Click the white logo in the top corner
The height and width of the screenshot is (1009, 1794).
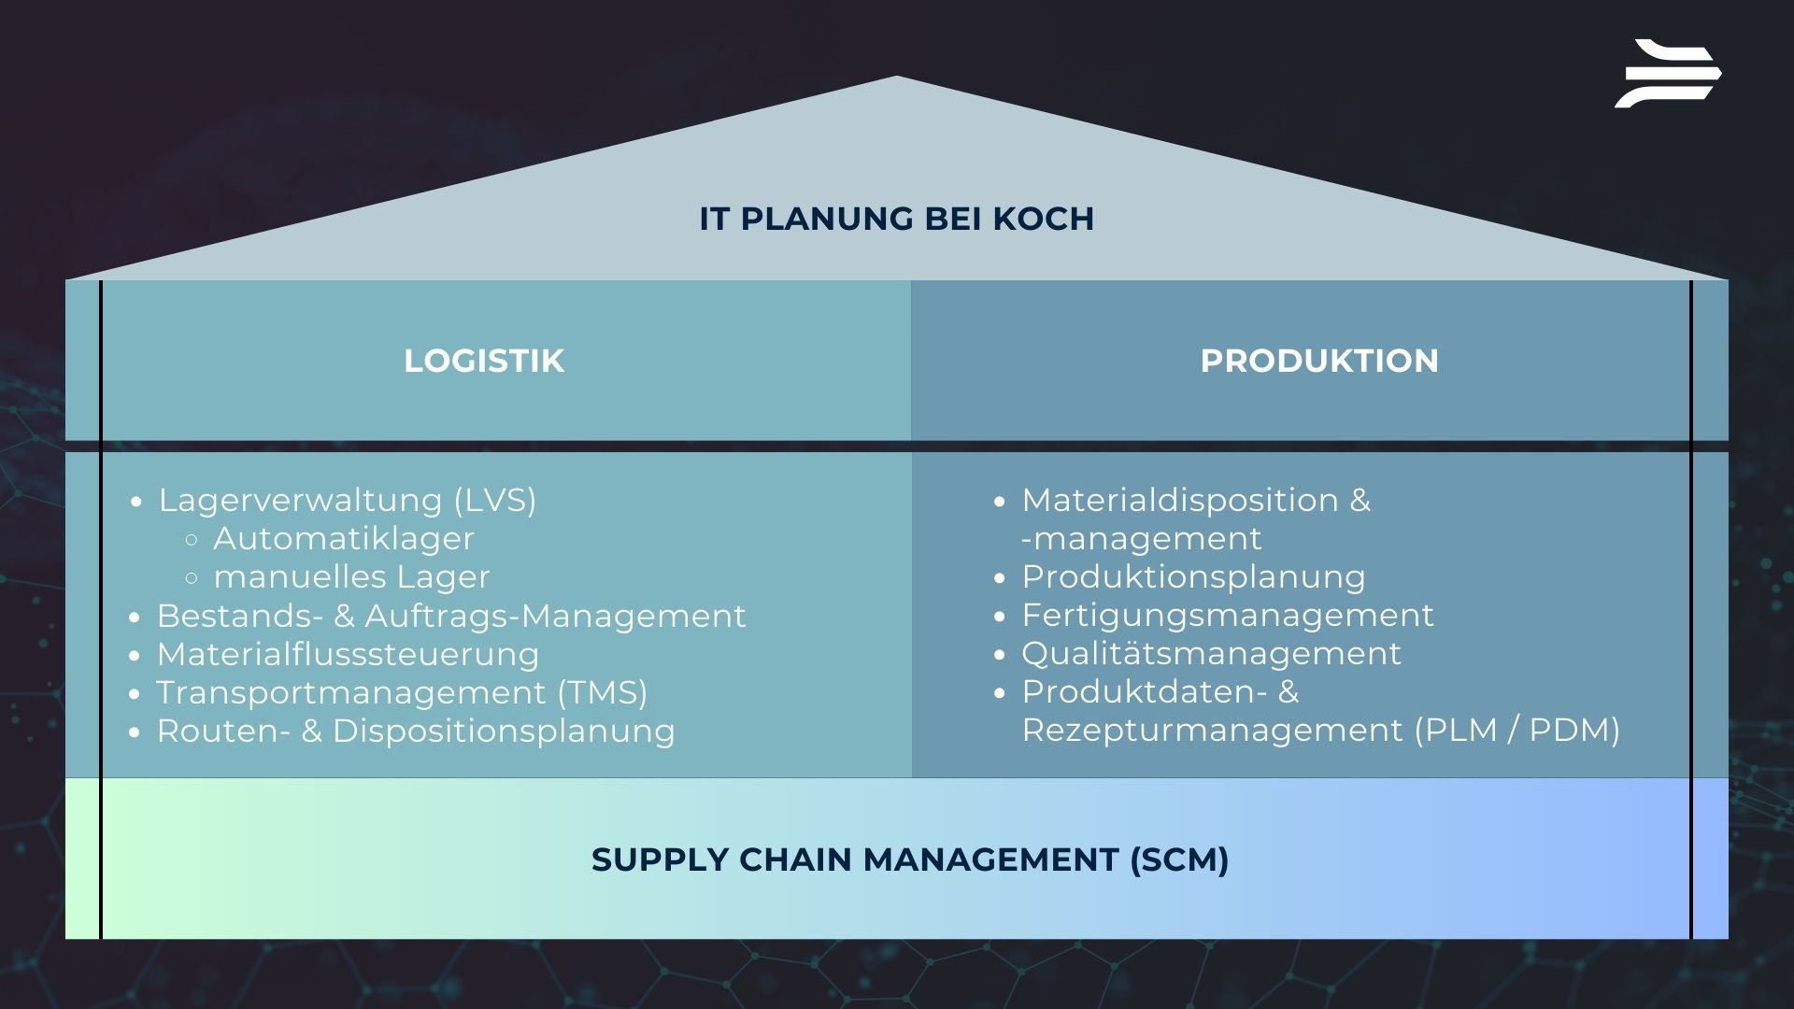tap(1668, 74)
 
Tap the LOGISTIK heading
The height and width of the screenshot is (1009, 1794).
tap(484, 362)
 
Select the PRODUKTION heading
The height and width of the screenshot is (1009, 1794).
tap(1319, 362)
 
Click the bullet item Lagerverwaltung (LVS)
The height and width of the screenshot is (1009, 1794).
tap(348, 501)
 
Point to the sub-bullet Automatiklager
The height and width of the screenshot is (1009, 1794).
tap(344, 539)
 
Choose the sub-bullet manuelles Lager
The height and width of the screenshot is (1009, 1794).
tap(351, 577)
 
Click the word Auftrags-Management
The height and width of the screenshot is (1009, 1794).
tap(555, 617)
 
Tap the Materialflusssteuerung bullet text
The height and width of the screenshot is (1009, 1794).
tap(348, 655)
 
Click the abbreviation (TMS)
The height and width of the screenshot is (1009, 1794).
tap(603, 693)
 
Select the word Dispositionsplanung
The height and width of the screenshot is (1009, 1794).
tap(504, 732)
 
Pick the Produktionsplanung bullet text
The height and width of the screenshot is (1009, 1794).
tap(1193, 577)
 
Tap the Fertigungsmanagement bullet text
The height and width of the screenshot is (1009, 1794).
tap(1227, 616)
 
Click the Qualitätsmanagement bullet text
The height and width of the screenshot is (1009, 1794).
tap(1211, 654)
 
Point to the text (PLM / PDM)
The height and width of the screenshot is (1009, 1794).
tap(1517, 731)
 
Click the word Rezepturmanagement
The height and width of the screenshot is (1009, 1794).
tap(1212, 731)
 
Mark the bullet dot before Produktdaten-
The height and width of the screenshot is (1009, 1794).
tap(1000, 693)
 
